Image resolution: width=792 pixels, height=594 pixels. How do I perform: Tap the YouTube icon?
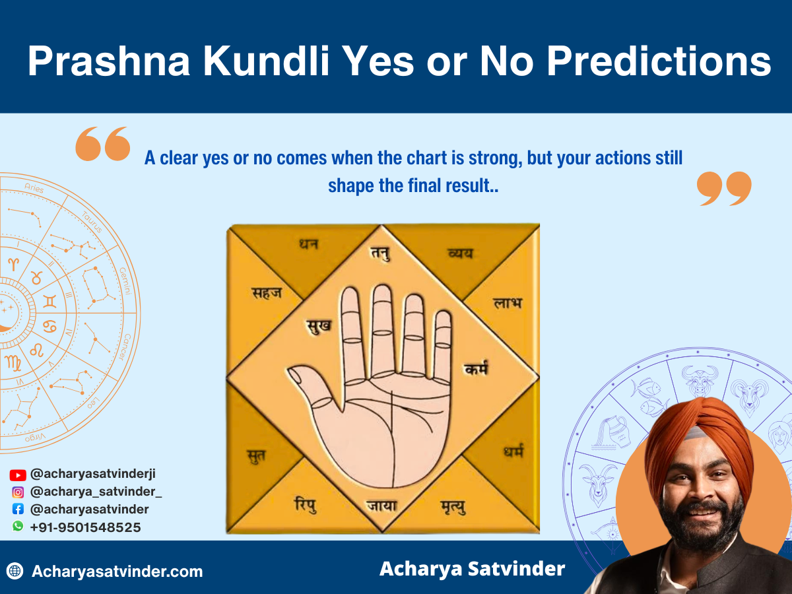pyautogui.click(x=18, y=475)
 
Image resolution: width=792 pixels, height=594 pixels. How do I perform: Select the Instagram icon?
pyautogui.click(x=18, y=492)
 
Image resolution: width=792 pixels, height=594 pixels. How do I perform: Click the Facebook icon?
pyautogui.click(x=18, y=510)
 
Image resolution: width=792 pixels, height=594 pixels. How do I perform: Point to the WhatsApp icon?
pyautogui.click(x=18, y=527)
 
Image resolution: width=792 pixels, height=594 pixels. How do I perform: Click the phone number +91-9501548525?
pyautogui.click(x=85, y=527)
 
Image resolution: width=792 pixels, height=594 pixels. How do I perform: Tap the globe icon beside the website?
pyautogui.click(x=15, y=572)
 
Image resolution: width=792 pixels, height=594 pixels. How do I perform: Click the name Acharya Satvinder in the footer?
pyautogui.click(x=472, y=569)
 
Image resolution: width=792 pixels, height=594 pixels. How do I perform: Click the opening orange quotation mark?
pyautogui.click(x=102, y=144)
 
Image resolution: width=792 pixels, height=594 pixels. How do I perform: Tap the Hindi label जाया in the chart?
pyautogui.click(x=381, y=506)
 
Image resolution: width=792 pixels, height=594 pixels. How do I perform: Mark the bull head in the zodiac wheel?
pyautogui.click(x=700, y=381)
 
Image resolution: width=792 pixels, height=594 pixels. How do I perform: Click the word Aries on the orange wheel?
pyautogui.click(x=34, y=189)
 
